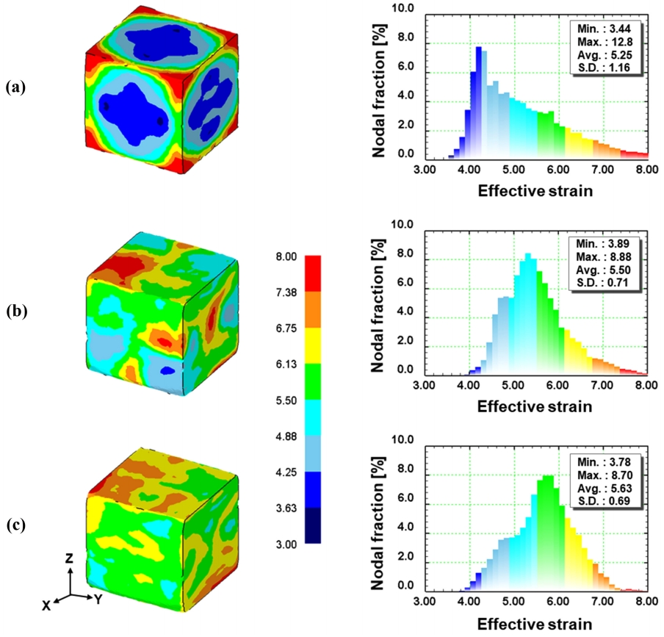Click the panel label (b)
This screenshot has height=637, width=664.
click(x=16, y=310)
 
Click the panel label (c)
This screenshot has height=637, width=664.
click(x=16, y=525)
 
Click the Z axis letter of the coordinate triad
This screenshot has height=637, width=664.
click(x=68, y=559)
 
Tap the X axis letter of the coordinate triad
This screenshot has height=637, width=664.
click(x=46, y=605)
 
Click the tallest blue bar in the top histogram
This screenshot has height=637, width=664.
click(x=478, y=103)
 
